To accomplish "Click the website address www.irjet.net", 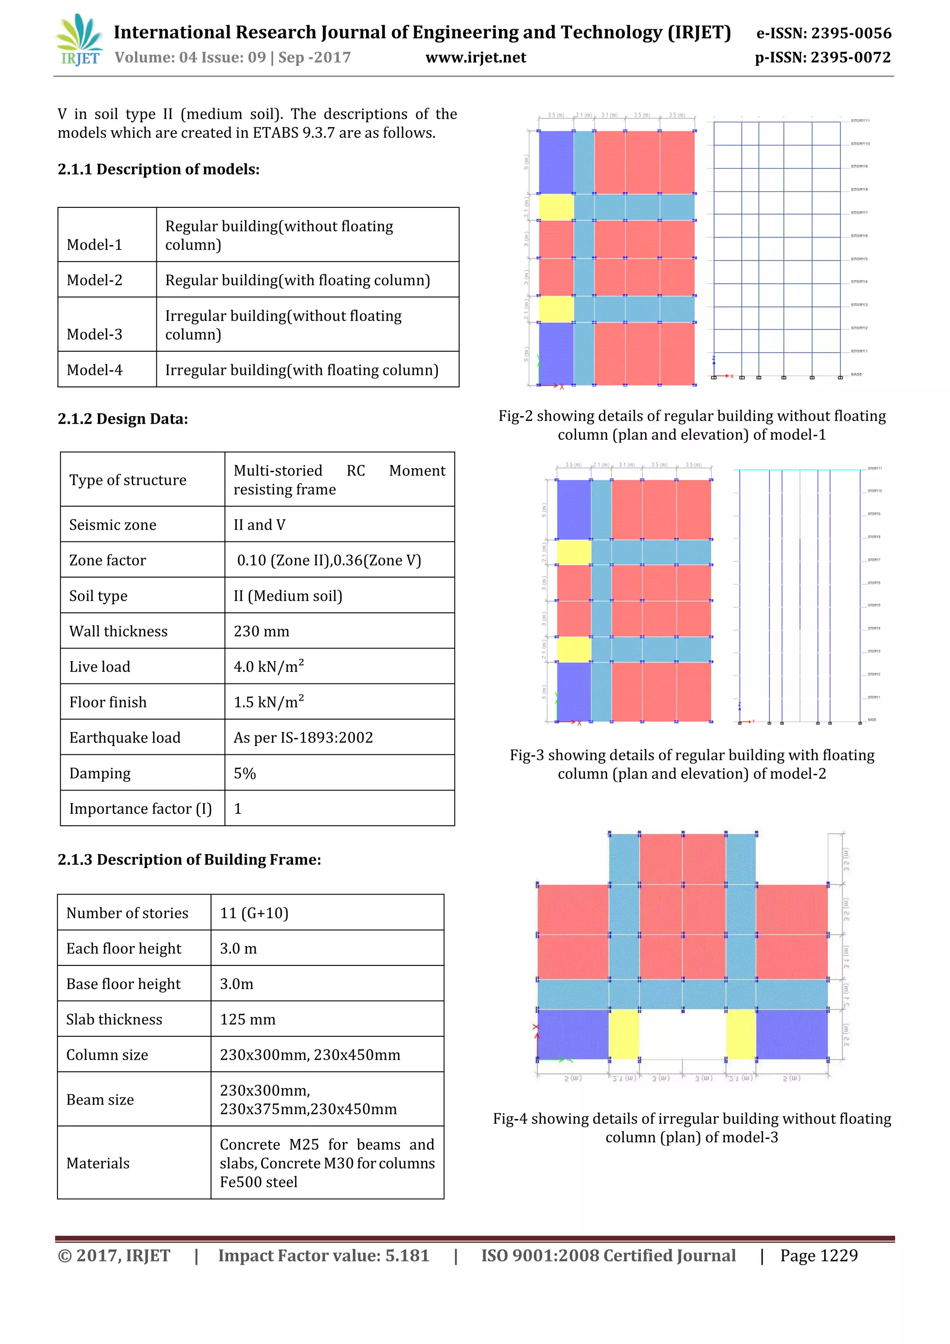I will [x=475, y=58].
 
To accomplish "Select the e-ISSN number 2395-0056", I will [x=823, y=33].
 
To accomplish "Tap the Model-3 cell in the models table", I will [x=95, y=334].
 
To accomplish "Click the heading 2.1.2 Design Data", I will [x=123, y=419].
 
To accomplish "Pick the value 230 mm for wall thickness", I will [x=262, y=631].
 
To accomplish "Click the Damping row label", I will [x=100, y=773].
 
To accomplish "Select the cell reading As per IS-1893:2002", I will [x=303, y=738].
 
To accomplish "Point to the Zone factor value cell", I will [x=329, y=560].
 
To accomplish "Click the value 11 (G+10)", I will [x=254, y=913].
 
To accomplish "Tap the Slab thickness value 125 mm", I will [x=248, y=1019].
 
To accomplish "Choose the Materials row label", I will [x=98, y=1163].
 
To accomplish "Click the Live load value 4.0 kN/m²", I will [x=269, y=667].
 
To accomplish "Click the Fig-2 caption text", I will [x=692, y=425].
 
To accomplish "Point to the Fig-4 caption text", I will [x=692, y=1127].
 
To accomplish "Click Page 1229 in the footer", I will [x=818, y=1255].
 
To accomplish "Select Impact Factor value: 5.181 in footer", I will [x=324, y=1255].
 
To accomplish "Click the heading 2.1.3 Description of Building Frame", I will [x=189, y=859].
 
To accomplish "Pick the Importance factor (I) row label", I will [x=141, y=808].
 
